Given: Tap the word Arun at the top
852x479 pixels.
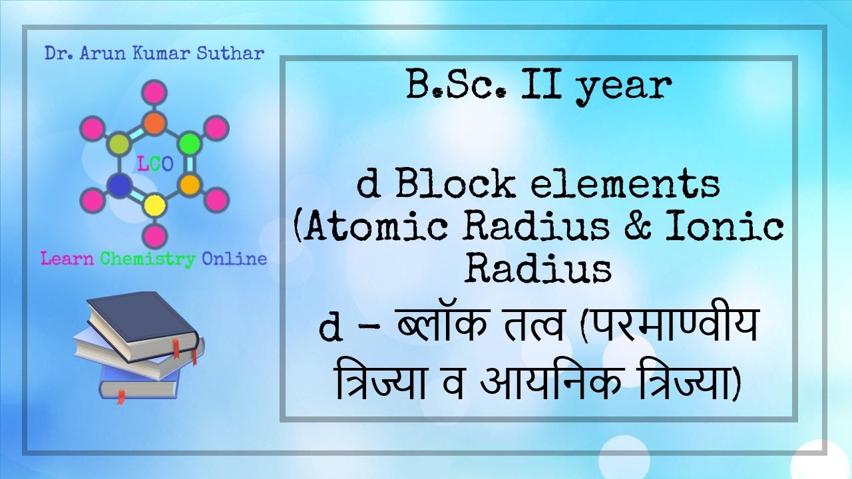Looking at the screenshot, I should point(106,53).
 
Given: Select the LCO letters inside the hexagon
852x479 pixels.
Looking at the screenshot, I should point(154,164).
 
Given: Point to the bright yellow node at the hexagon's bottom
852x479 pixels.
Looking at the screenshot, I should point(154,204).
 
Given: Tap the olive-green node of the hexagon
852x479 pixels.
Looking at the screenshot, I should point(118,143).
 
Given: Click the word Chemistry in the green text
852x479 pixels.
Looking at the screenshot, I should point(148,259).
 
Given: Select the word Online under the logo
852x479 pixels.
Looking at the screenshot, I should point(234,259).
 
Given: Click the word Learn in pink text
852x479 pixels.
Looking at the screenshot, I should point(67,259).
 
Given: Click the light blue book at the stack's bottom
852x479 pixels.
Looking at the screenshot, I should point(140,385).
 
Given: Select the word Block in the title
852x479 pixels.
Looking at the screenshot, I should point(455,184).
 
